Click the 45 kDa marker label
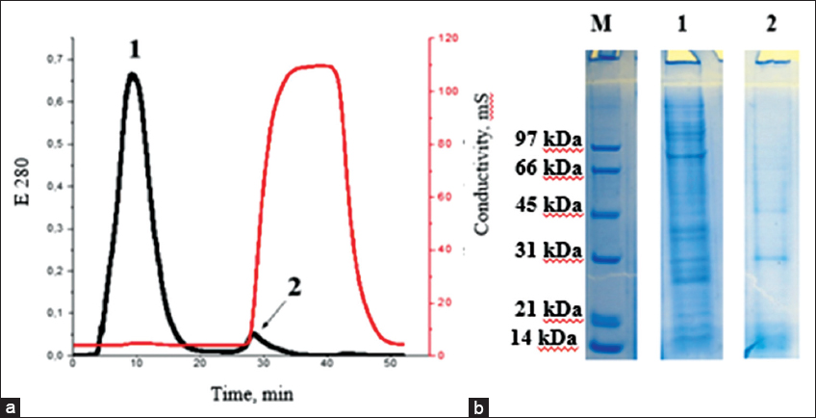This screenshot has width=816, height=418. (x=549, y=205)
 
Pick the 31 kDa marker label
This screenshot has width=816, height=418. (x=549, y=251)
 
